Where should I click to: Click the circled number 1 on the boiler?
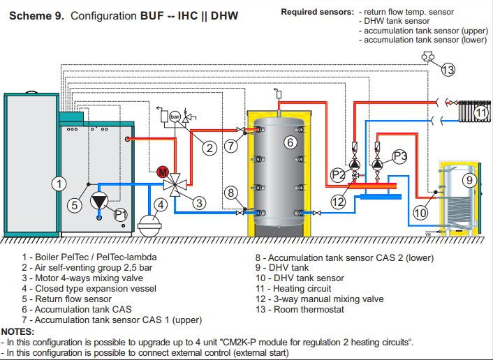[60, 183]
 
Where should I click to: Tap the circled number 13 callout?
[448, 69]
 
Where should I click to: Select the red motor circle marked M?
[162, 172]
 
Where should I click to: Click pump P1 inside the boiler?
[103, 201]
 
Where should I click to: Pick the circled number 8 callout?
[231, 193]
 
